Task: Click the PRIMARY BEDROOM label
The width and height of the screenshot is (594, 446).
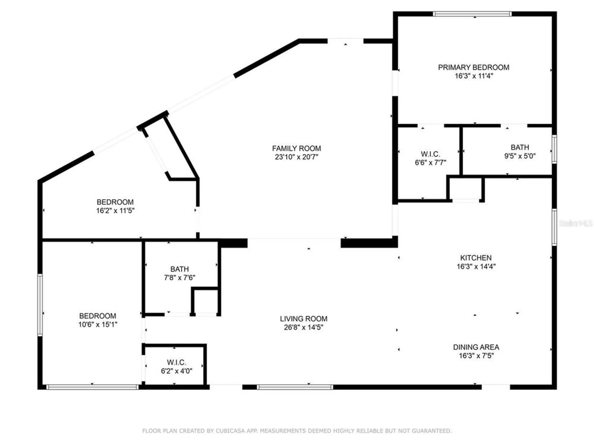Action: (473, 67)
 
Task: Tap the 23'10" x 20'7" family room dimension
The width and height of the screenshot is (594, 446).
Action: (296, 157)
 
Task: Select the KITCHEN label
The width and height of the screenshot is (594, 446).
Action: (476, 258)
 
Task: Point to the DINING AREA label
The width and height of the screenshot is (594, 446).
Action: (476, 347)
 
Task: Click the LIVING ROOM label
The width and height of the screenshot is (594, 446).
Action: (303, 319)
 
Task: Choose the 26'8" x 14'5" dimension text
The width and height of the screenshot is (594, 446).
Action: (303, 327)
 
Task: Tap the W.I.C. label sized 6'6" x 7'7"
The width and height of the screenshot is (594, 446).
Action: (430, 154)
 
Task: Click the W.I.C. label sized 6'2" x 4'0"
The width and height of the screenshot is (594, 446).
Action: (176, 362)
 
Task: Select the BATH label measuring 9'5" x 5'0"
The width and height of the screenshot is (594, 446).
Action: (520, 147)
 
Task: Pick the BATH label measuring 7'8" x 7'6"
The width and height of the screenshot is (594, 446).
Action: (179, 269)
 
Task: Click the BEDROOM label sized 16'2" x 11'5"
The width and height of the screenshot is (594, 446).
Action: (115, 202)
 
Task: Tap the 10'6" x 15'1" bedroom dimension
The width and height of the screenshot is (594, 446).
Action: (98, 324)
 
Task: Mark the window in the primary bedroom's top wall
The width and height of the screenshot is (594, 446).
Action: (472, 14)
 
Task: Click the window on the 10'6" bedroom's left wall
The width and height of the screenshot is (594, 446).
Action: (40, 305)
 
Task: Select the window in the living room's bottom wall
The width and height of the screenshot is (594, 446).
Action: (295, 387)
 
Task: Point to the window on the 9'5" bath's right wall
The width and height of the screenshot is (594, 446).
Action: (554, 149)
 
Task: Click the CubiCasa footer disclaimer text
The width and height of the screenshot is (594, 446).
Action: (297, 431)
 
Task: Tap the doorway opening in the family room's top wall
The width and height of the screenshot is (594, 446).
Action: (345, 41)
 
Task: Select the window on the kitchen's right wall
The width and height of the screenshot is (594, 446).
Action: (554, 227)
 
